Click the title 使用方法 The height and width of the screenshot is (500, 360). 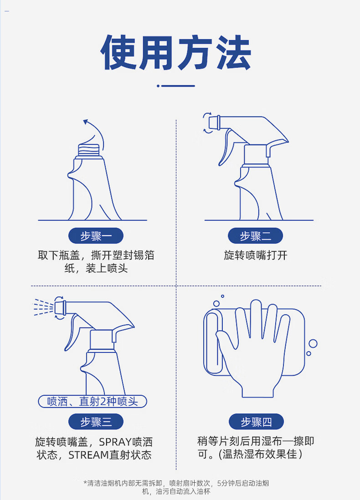pos(176,52)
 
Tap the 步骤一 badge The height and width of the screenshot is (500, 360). pos(96,236)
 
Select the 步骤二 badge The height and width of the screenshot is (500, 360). pos(255,236)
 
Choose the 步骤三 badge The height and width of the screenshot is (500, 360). pos(96,422)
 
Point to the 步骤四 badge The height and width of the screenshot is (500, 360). pos(256,422)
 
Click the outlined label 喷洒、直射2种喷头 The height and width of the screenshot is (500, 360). pos(93,402)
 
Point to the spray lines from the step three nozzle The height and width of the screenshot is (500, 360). pos(44,307)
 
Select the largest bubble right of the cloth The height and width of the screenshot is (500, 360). pos(313,343)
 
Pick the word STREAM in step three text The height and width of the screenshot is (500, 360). pos(88,455)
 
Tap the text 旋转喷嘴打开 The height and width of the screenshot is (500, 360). pos(256,255)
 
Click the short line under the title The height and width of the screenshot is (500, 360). pos(178,86)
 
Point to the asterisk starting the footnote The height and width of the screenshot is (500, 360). pos(85,482)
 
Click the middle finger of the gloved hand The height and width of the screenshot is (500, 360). pos(256,319)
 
